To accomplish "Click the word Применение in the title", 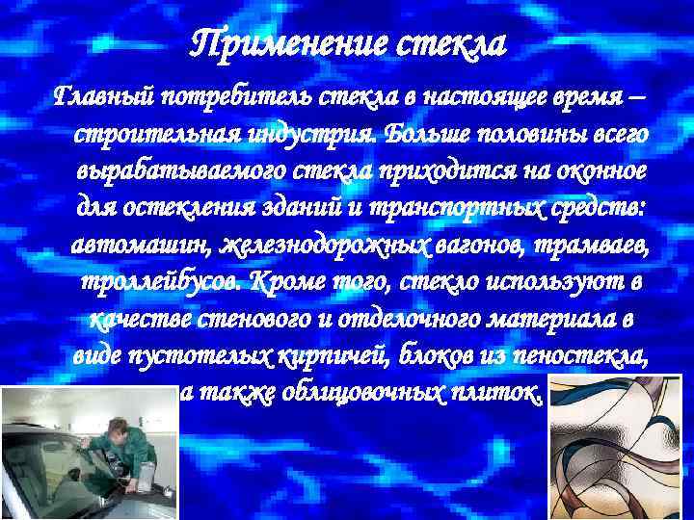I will [280, 43].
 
